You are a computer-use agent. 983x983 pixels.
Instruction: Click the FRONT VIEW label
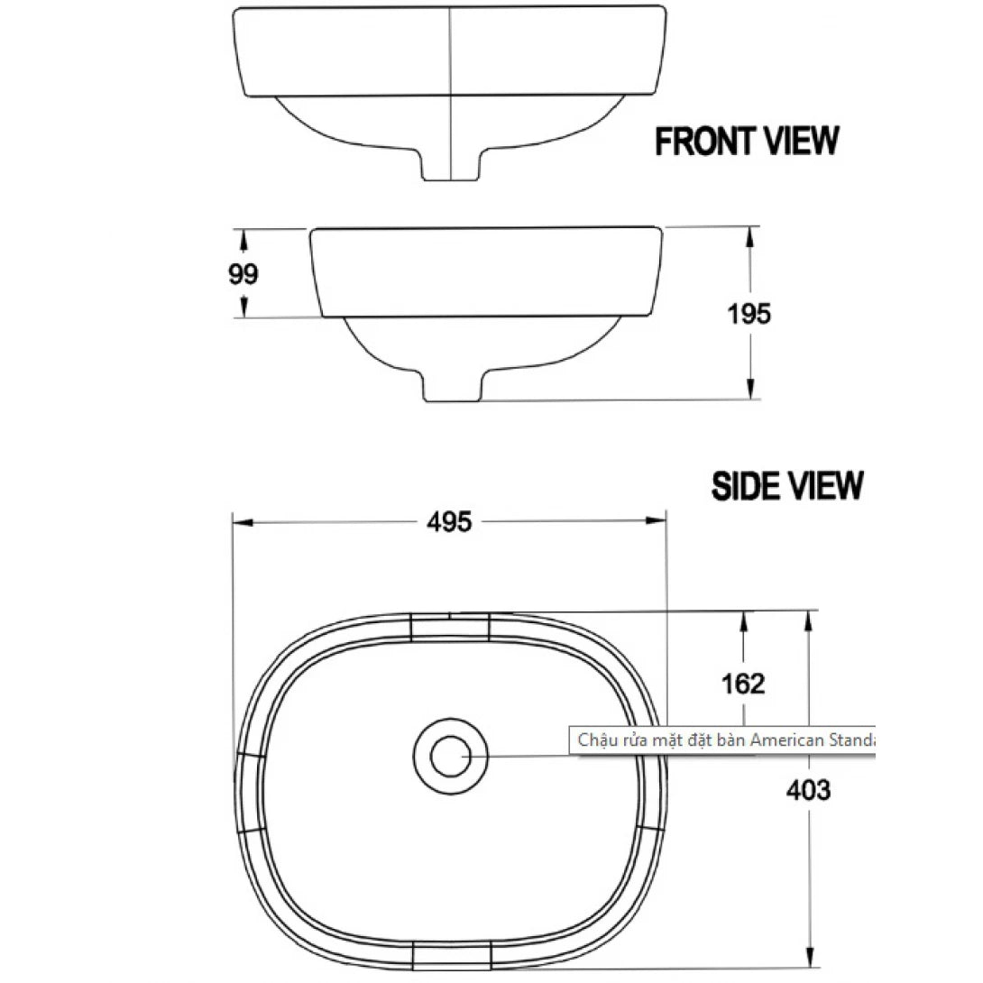(x=747, y=142)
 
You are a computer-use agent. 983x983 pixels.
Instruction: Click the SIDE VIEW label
(x=786, y=485)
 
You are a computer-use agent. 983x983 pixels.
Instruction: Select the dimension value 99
(x=243, y=273)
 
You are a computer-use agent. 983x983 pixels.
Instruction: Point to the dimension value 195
(x=749, y=314)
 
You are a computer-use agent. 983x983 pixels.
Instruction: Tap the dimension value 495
(x=449, y=521)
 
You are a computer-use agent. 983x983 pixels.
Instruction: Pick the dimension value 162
(x=743, y=684)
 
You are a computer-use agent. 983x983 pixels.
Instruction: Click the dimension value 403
(x=808, y=790)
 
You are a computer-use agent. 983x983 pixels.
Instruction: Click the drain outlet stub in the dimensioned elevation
(x=452, y=387)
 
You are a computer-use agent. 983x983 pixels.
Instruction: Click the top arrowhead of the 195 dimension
(x=749, y=234)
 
